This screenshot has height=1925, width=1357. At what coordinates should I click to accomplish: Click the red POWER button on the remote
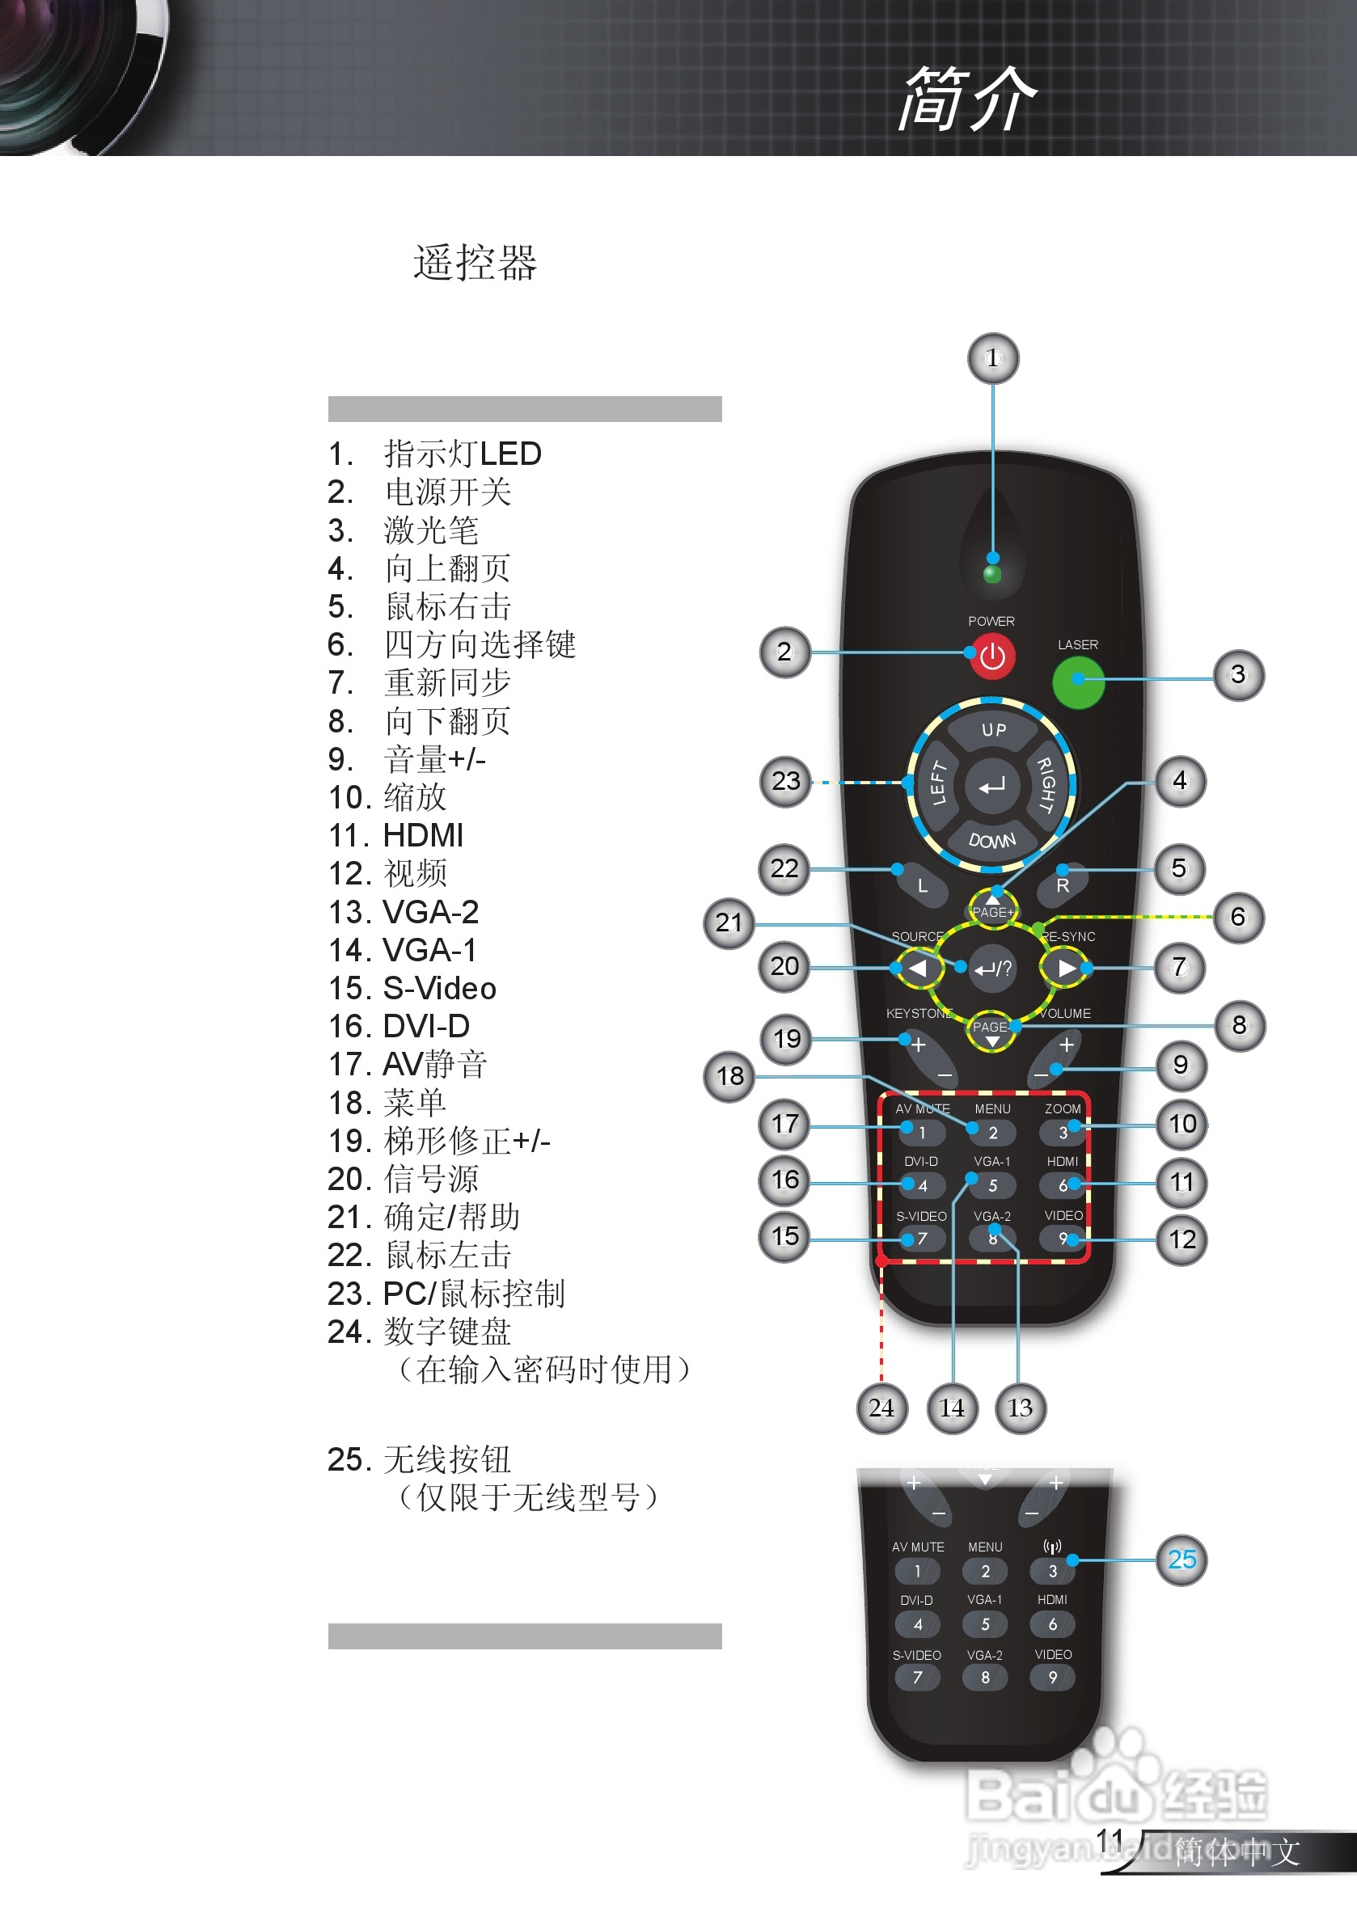point(992,656)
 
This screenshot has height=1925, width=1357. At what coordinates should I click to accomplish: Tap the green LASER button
point(1078,682)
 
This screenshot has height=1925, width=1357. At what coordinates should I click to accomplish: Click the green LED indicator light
point(992,574)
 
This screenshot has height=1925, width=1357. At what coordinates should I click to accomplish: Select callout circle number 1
point(993,359)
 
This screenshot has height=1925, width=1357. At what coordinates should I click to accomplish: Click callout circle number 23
point(785,782)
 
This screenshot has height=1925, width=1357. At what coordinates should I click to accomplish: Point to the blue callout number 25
point(1181,1560)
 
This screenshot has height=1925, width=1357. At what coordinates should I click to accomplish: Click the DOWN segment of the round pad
point(992,839)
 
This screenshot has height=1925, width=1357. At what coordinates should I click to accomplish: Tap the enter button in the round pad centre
point(992,786)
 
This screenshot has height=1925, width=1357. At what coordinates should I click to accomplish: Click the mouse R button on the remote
point(1062,885)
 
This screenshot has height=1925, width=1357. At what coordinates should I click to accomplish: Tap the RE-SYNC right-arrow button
point(1064,969)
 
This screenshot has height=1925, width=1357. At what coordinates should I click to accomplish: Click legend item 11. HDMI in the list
point(396,835)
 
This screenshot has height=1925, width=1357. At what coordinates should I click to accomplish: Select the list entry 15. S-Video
point(412,988)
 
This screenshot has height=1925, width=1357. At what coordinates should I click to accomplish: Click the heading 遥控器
point(475,263)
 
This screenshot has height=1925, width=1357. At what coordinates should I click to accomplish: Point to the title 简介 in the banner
point(967,99)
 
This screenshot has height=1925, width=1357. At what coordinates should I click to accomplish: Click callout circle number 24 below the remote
point(881,1408)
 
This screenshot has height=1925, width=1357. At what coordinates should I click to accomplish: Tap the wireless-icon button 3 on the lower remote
point(1053,1570)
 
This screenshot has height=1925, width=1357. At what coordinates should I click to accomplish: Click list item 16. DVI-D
point(399,1025)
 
